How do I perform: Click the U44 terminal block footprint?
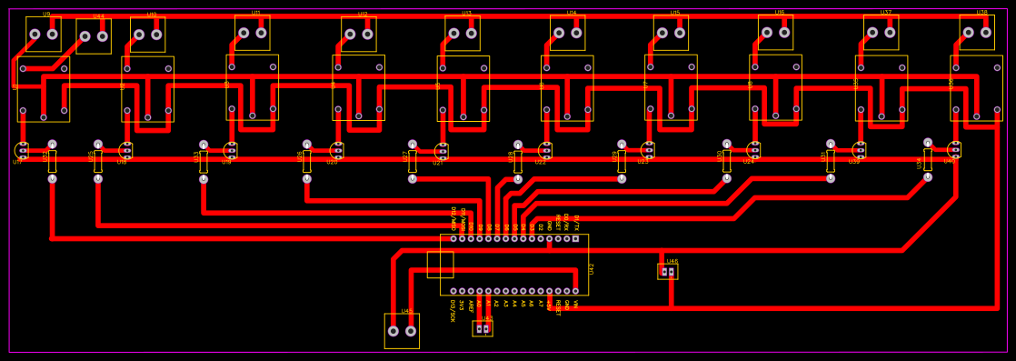tap(94, 36)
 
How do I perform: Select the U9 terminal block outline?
tap(44, 34)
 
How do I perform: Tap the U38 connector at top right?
tap(977, 32)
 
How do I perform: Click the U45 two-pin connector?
tap(402, 331)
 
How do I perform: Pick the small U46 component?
tap(668, 271)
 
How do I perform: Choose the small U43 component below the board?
tap(483, 328)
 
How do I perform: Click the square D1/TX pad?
tap(575, 239)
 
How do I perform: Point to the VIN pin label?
tap(575, 305)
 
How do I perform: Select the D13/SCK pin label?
tap(453, 310)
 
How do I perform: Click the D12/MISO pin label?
tap(453, 217)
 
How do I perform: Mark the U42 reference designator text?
tap(592, 268)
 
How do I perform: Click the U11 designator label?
tap(255, 13)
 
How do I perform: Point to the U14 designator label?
tap(571, 13)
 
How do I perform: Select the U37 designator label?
tap(885, 13)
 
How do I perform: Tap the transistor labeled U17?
tap(22, 150)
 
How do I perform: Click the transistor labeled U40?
tap(953, 148)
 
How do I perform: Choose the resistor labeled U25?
tap(98, 161)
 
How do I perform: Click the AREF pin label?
tap(471, 306)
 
